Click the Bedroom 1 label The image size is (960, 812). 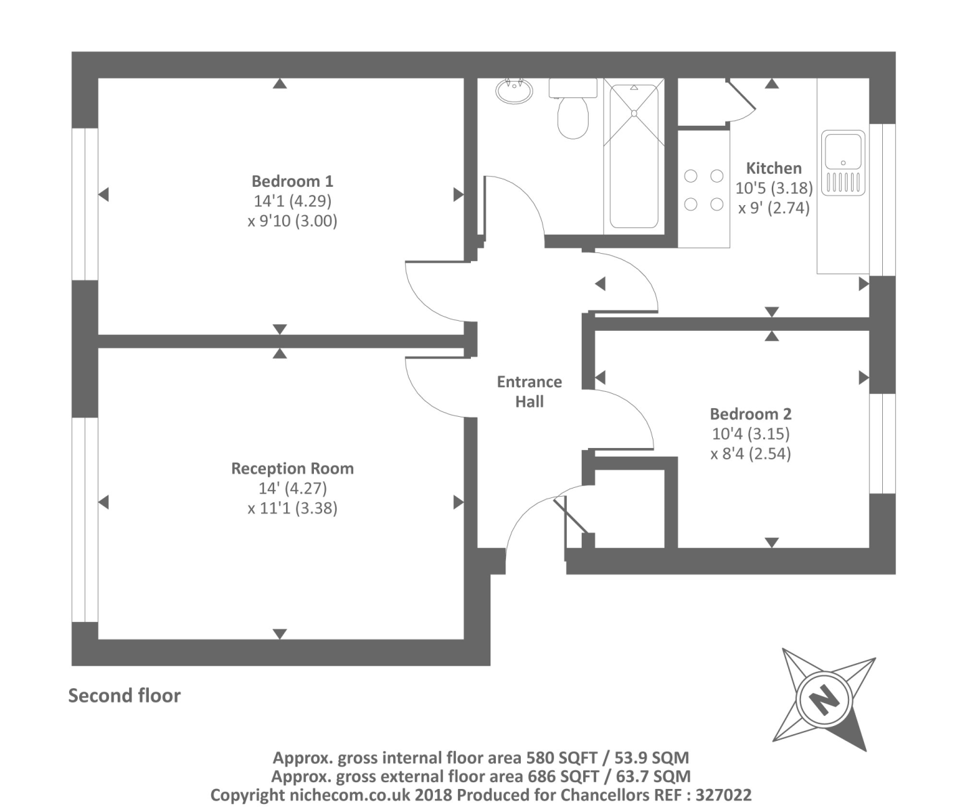click(x=292, y=181)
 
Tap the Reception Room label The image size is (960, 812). click(x=292, y=468)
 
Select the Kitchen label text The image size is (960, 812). click(x=773, y=168)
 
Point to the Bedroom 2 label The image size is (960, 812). click(x=750, y=414)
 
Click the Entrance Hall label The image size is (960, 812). click(x=529, y=391)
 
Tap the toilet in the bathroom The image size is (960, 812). click(x=572, y=112)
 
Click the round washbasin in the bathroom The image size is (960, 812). click(x=514, y=91)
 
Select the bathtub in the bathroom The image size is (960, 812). click(x=634, y=156)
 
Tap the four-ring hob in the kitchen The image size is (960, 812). click(x=704, y=190)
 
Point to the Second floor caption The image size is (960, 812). click(x=124, y=696)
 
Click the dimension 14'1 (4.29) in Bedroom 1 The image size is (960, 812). click(x=292, y=201)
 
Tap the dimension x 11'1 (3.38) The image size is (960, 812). click(x=292, y=507)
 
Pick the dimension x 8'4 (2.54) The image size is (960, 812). click(x=750, y=453)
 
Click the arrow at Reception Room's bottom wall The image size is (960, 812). click(x=279, y=634)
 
